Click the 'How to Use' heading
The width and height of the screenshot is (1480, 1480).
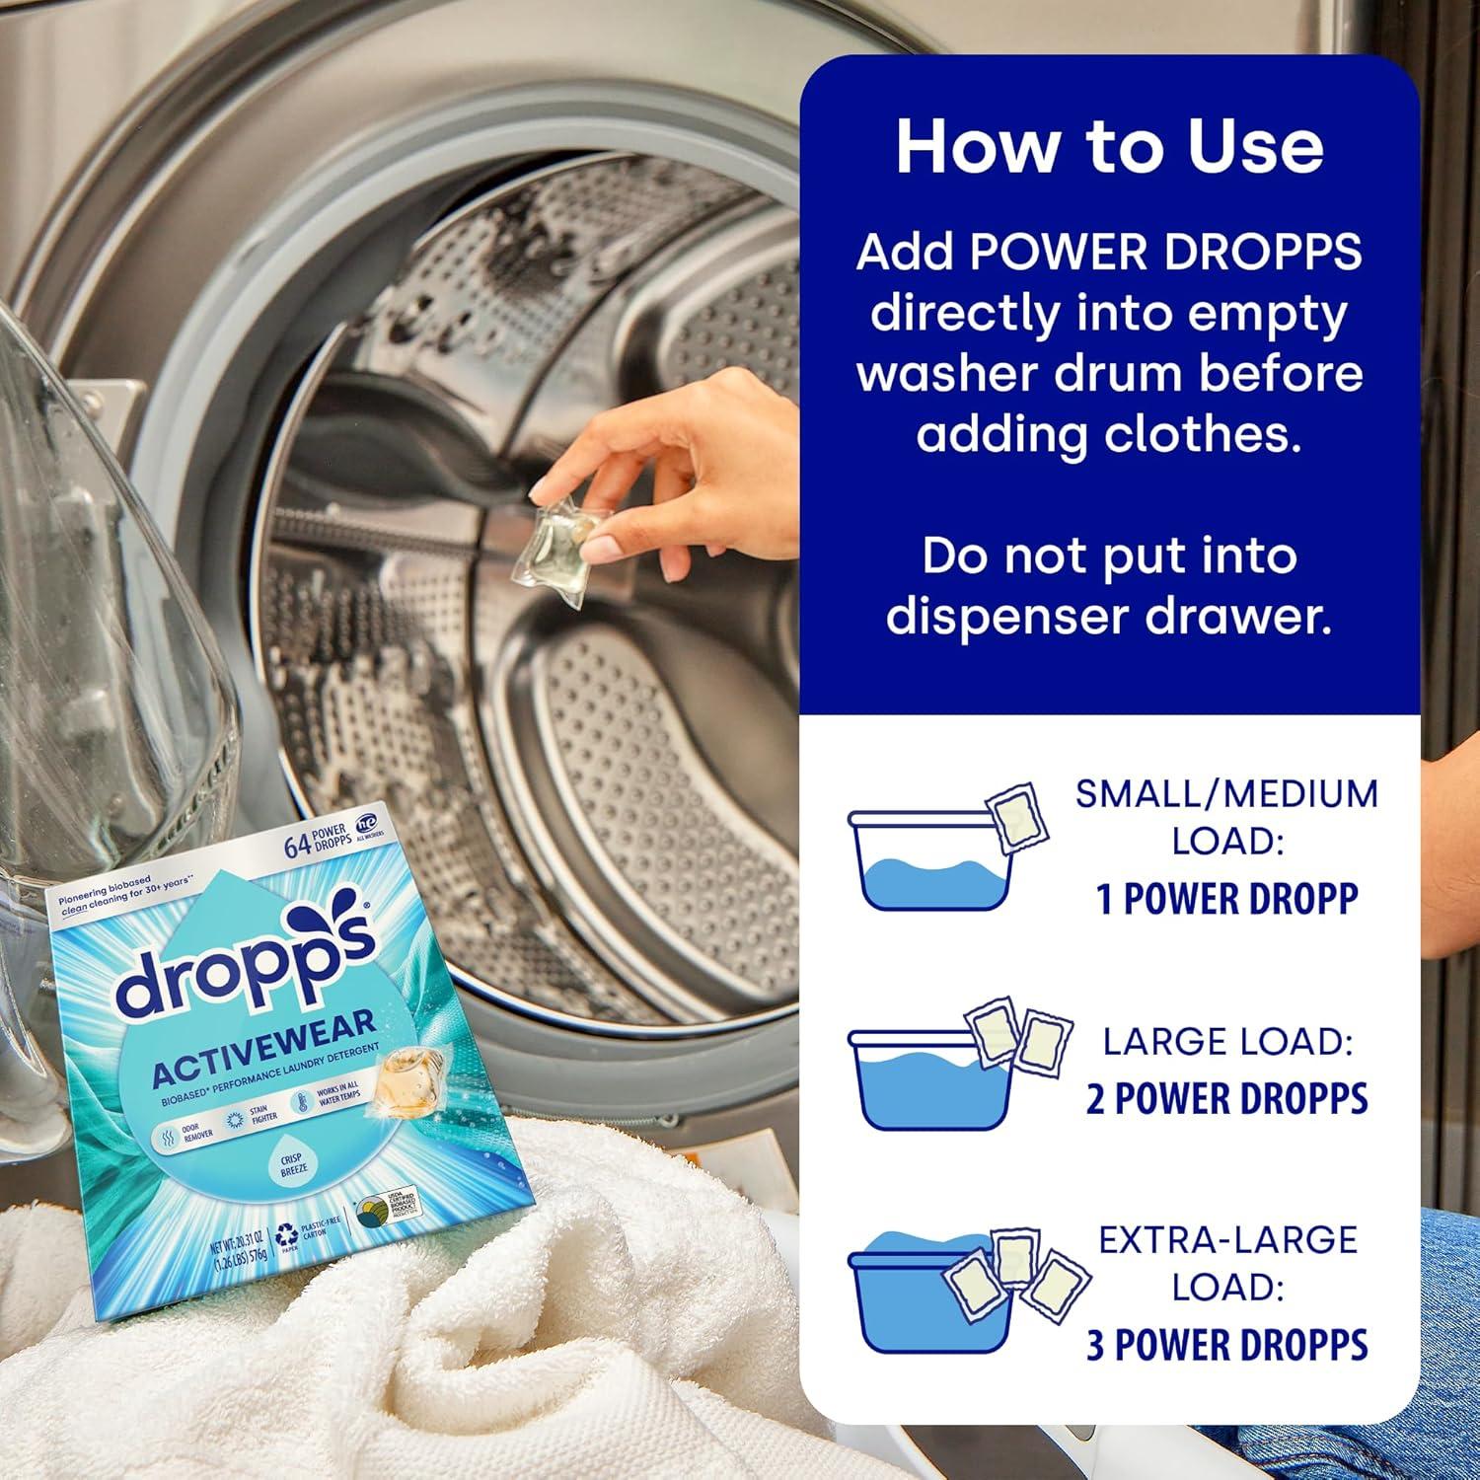tap(1109, 146)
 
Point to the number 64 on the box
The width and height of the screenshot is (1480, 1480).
tap(297, 846)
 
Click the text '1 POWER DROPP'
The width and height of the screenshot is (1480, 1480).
tap(1226, 899)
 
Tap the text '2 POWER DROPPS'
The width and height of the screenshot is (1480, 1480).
tap(1226, 1098)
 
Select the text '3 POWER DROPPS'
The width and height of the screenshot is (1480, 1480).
tap(1226, 1345)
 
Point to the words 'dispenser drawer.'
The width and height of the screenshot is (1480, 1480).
tap(1109, 617)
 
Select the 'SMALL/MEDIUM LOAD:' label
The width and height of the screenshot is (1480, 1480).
tap(1226, 817)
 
